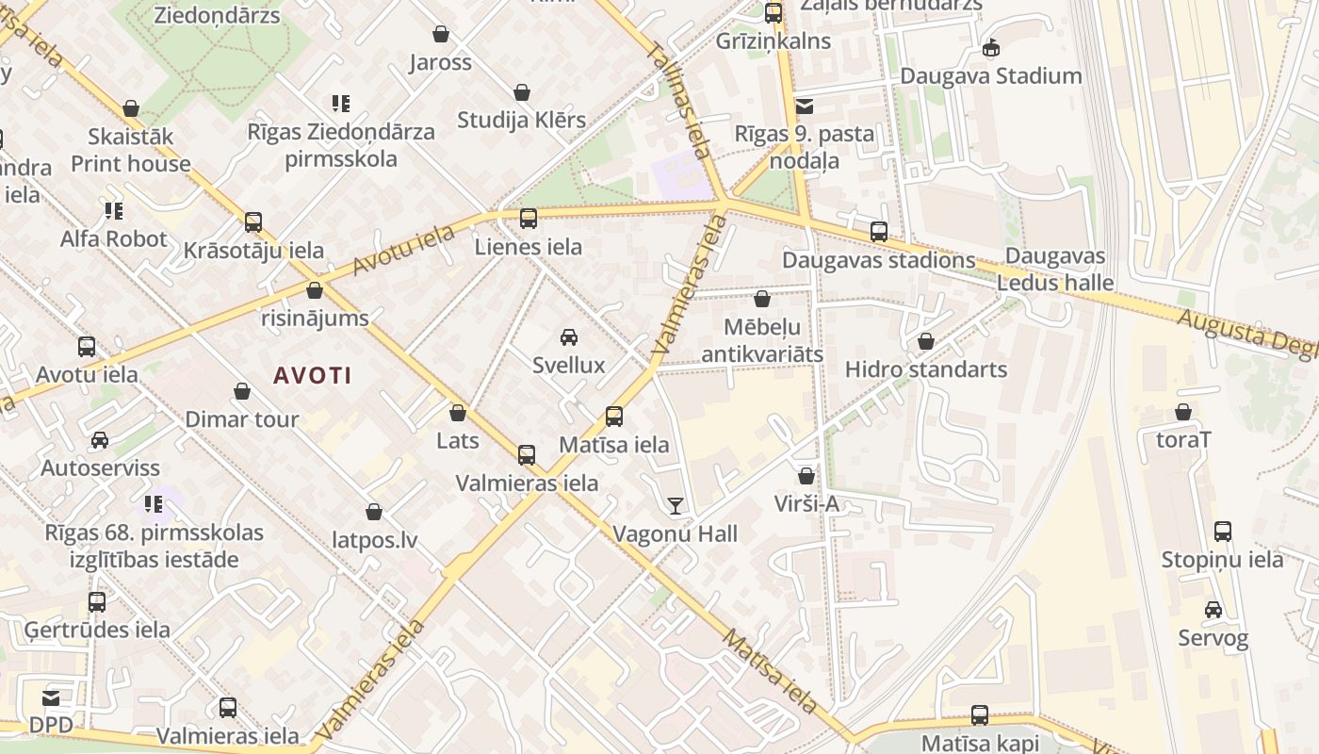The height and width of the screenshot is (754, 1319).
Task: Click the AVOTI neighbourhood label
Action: point(312,375)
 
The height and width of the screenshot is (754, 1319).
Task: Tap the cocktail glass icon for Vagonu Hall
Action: point(676,506)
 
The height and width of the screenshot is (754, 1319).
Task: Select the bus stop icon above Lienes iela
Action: point(529,219)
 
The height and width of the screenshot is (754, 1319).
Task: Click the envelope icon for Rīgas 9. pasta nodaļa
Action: point(805,107)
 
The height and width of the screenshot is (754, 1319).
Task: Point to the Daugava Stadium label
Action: point(990,76)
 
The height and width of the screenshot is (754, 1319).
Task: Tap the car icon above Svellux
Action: point(569,337)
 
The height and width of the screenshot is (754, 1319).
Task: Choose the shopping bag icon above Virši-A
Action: point(806,477)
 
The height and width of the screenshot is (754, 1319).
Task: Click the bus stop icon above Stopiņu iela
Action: point(1222,532)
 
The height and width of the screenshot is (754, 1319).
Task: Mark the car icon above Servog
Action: point(1213,610)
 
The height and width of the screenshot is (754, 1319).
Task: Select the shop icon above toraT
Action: point(1183,412)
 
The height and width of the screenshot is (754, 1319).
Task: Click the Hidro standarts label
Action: point(925,369)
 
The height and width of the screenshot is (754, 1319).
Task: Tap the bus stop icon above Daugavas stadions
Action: point(879,232)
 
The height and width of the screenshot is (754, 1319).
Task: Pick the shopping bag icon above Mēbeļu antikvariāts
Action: point(762,300)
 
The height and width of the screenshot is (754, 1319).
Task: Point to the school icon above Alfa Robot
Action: point(114,211)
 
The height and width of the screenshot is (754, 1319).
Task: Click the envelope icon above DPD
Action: point(51,698)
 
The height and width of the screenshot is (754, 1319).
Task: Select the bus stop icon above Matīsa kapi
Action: point(980,715)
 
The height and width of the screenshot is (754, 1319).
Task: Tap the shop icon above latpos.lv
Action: point(374,513)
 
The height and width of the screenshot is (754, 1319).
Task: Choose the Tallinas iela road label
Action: point(678,99)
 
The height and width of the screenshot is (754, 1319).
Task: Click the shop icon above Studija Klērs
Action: point(522,92)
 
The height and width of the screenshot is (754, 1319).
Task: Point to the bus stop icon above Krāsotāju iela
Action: point(253,222)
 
